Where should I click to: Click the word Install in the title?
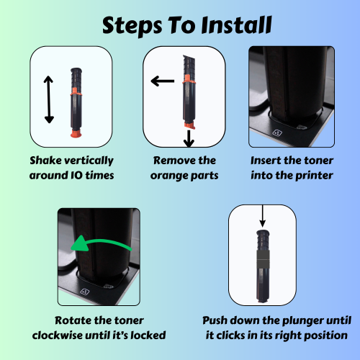[236, 25]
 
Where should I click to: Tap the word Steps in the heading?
[132, 27]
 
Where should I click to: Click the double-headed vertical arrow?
[49, 99]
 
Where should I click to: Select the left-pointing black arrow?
[163, 81]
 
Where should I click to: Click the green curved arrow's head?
[80, 243]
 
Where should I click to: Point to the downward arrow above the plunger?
[263, 216]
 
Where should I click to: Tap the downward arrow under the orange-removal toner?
[189, 139]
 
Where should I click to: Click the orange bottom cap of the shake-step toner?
[76, 133]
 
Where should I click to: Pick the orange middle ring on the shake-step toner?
[76, 91]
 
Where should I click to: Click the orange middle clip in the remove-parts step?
[189, 79]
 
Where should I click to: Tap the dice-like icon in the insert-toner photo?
[278, 132]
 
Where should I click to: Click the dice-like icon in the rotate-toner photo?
[84, 292]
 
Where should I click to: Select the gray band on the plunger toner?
[263, 259]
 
